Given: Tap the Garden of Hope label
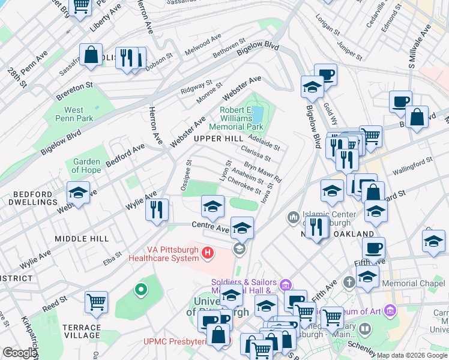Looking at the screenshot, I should pos(86,166).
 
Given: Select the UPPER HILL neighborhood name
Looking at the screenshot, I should pos(218,139).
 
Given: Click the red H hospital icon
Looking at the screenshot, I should pos(208,252).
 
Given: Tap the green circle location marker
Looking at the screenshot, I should pos(140,290).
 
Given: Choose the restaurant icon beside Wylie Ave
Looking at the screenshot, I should pos(157,209).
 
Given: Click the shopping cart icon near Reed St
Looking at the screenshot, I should pos(96,302).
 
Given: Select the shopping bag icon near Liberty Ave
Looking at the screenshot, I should pos(91,55).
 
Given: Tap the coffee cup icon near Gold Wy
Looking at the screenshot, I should pos(325,75).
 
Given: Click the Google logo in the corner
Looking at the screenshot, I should pos(19,353).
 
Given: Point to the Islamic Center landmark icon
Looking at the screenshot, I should pos(294,216).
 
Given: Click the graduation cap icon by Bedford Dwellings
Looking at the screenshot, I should pos(78,193).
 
